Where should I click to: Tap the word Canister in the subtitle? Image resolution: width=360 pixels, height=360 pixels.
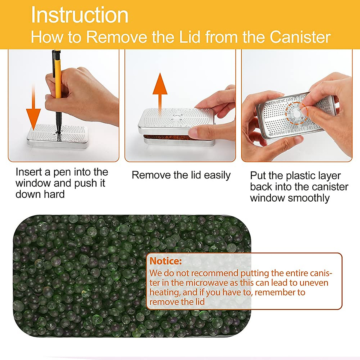click(300, 37)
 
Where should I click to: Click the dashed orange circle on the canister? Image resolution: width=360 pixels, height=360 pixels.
click(296, 113)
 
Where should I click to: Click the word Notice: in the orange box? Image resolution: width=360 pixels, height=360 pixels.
click(166, 261)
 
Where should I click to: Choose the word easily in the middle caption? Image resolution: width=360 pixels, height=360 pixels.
click(217, 175)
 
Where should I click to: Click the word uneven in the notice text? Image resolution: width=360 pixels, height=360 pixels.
click(313, 283)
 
